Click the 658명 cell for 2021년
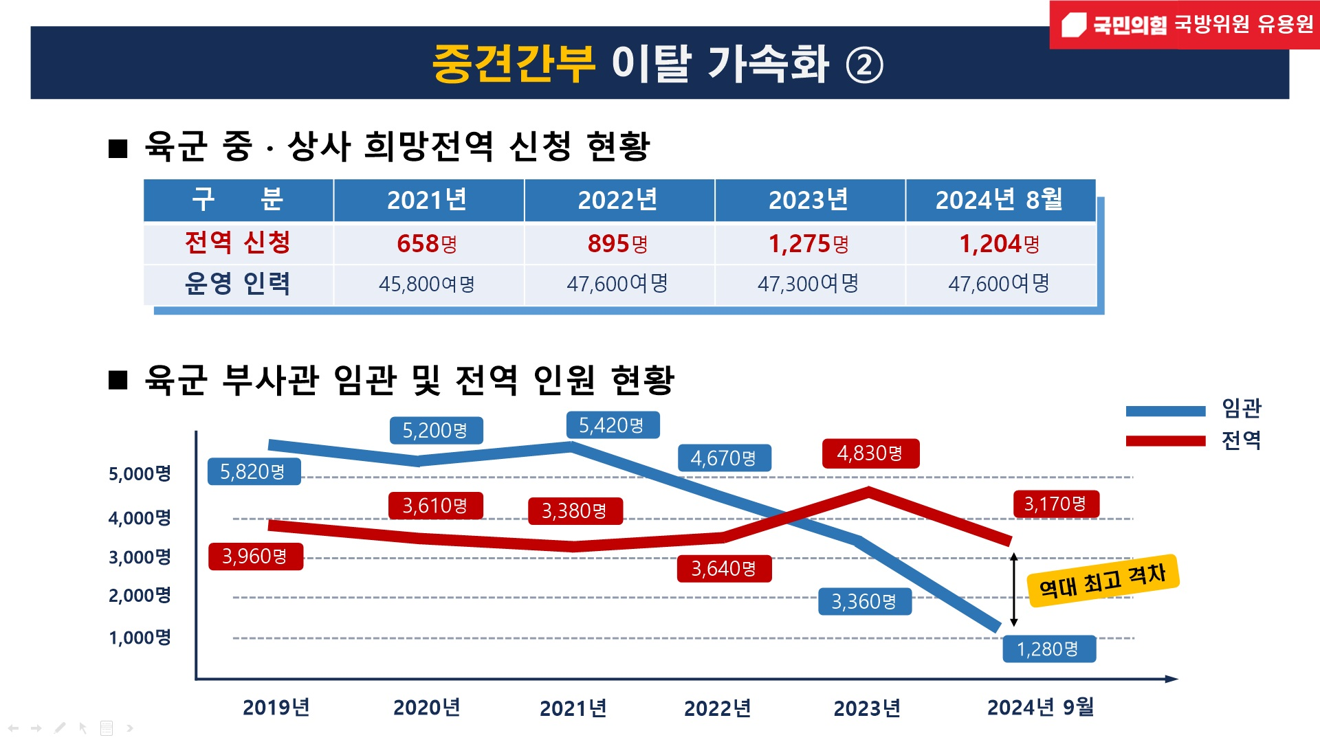tap(427, 244)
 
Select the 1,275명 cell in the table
tap(808, 244)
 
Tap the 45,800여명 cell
tap(427, 284)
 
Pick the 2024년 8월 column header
tap(999, 200)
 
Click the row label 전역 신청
tap(238, 243)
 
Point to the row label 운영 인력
tap(238, 284)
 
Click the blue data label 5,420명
tap(612, 425)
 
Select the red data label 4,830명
tap(870, 453)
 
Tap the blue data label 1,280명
tap(1048, 649)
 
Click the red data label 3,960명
tap(255, 556)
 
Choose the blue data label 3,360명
tap(864, 602)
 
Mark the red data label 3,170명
tap(1055, 504)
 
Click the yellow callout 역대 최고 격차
tap(1103, 581)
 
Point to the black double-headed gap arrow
tap(1013, 589)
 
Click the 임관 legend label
tap(1241, 409)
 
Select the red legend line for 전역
tap(1165, 440)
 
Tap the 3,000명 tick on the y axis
tap(140, 557)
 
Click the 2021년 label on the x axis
tap(573, 708)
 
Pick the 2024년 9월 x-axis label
tap(1040, 708)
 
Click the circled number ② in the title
tap(863, 65)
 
